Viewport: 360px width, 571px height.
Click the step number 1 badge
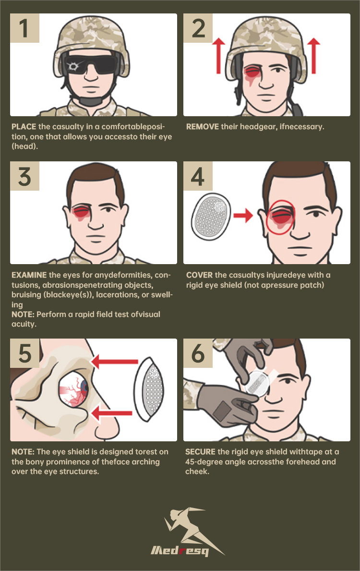click(24, 28)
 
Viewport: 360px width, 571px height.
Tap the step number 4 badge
click(198, 176)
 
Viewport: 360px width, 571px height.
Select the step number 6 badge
click(198, 353)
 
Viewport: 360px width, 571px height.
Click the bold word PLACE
click(24, 127)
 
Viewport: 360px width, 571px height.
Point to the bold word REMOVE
click(203, 127)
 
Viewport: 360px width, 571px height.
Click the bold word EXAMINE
click(29, 275)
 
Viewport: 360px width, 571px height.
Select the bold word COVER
click(200, 275)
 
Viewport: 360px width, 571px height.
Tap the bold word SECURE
click(200, 452)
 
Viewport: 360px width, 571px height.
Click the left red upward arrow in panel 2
click(218, 56)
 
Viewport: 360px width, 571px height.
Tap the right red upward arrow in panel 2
click(313, 56)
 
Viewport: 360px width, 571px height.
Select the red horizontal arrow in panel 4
click(243, 216)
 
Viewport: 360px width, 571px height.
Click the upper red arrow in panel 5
click(114, 362)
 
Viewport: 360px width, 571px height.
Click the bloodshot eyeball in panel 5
click(73, 391)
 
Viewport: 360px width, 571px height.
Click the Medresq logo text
click(180, 550)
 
